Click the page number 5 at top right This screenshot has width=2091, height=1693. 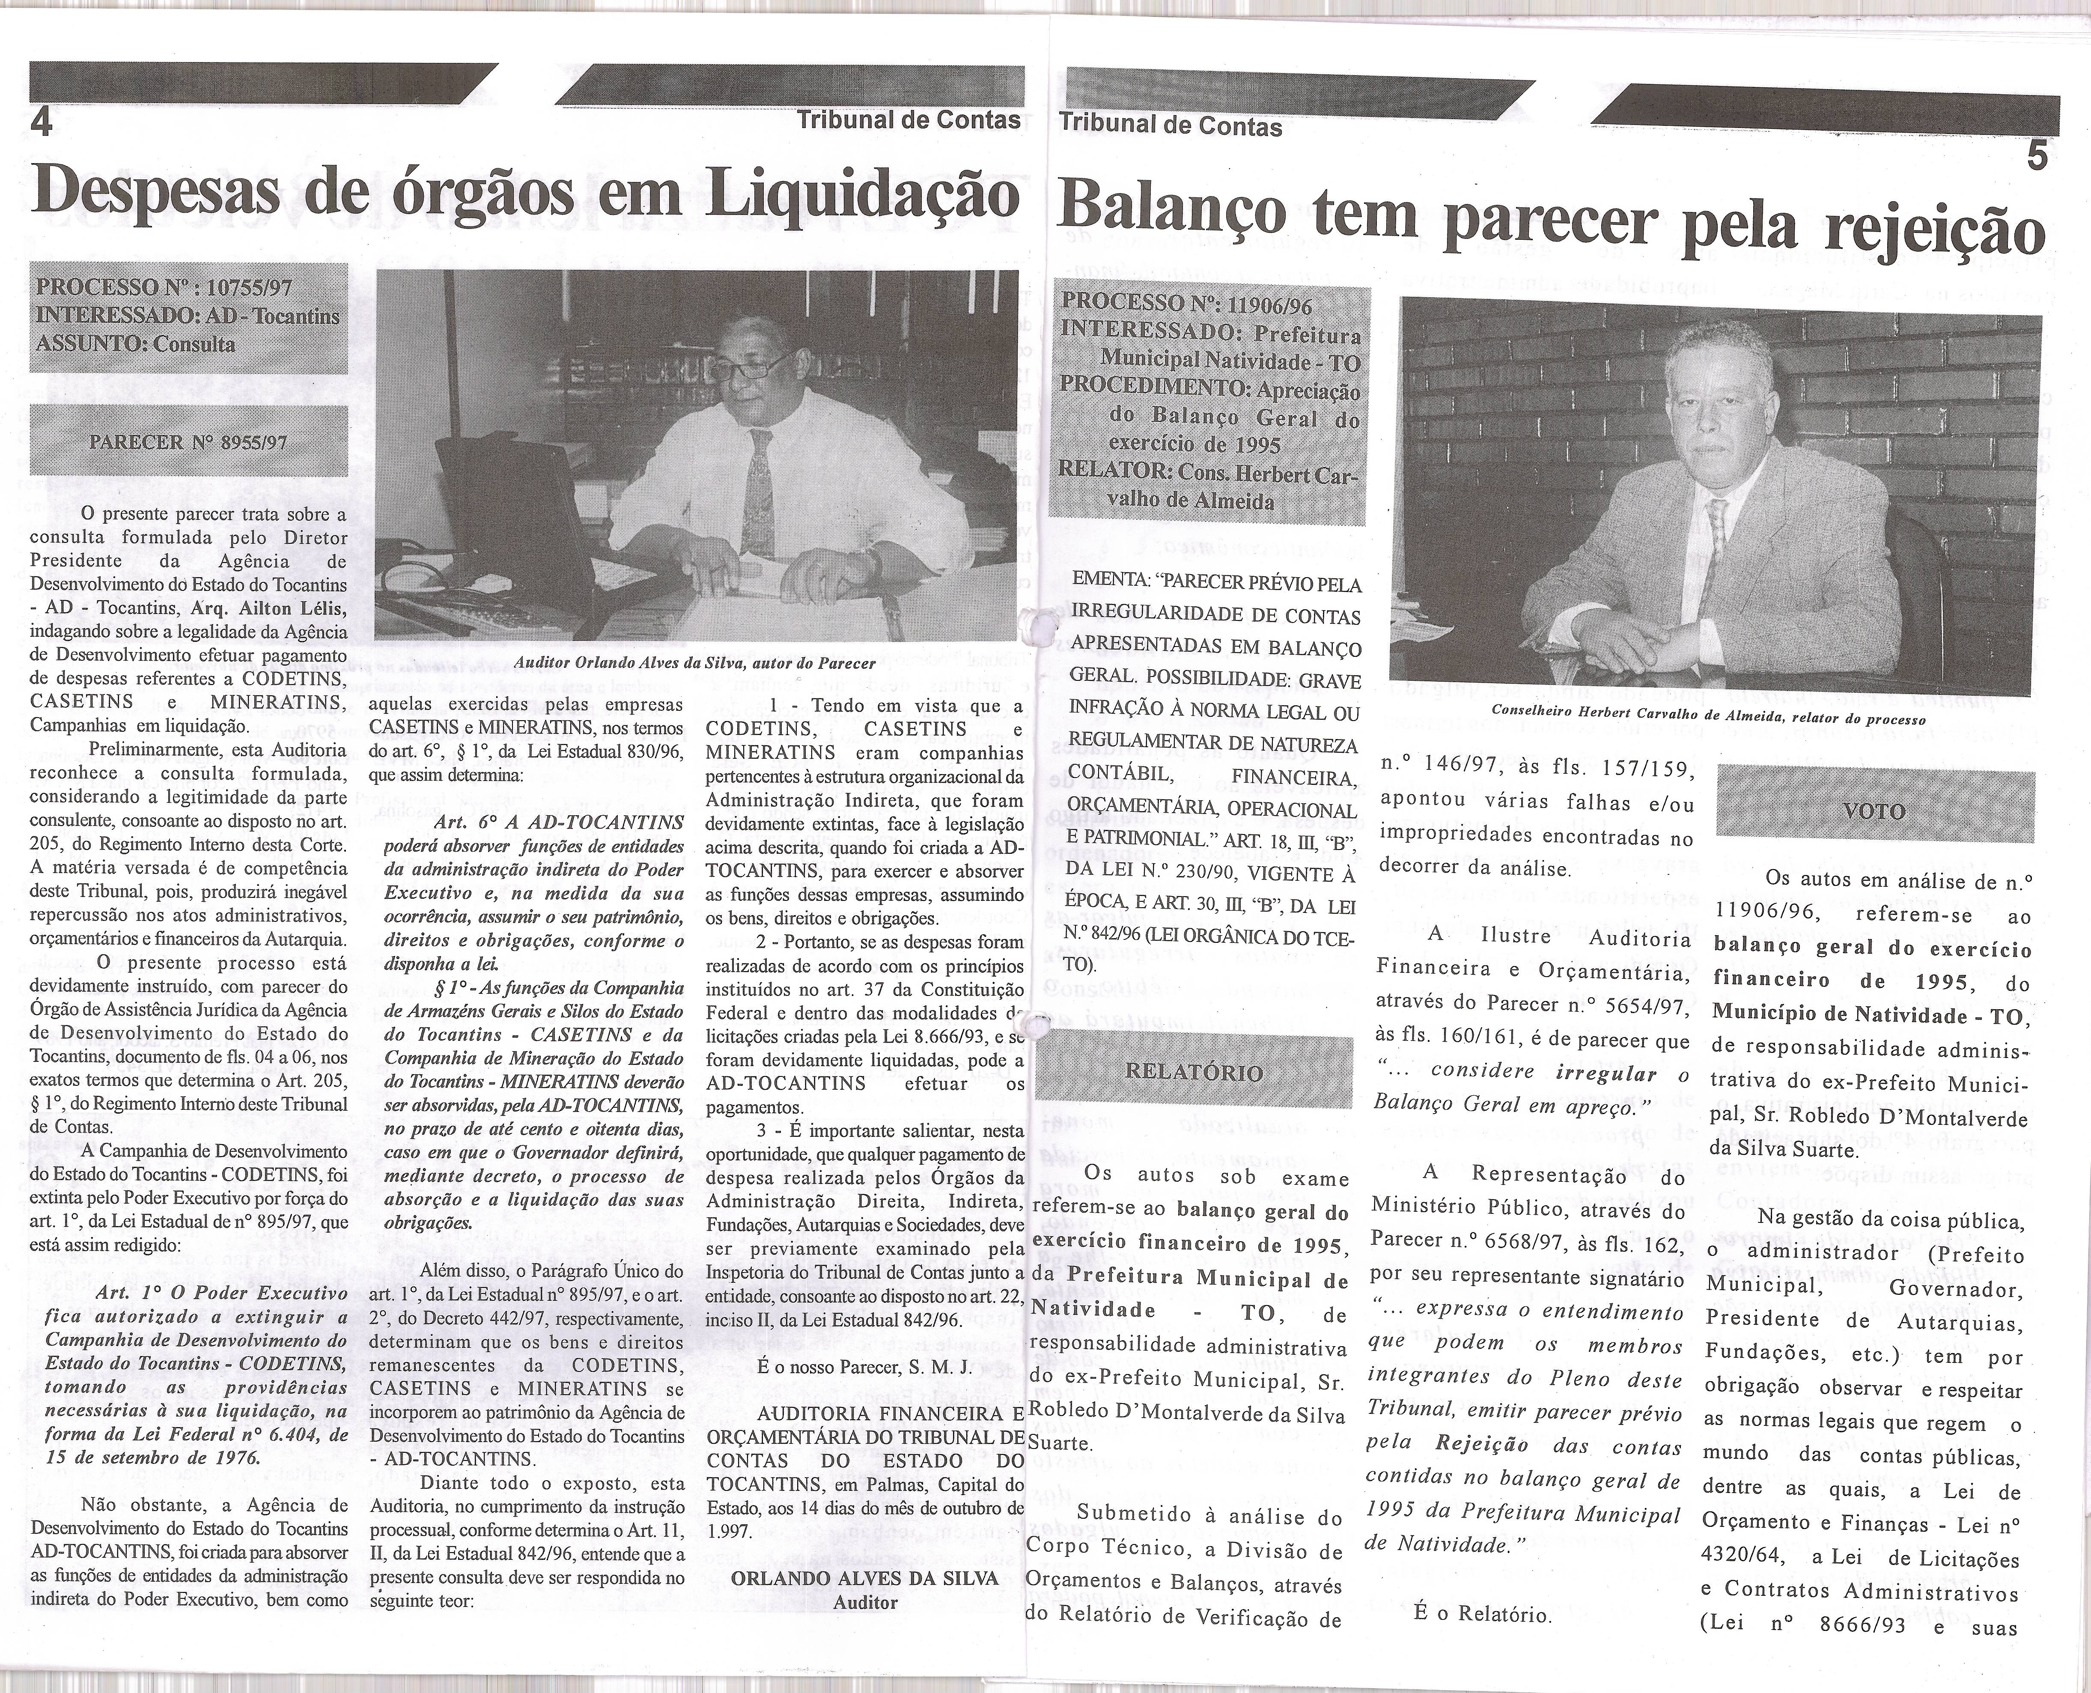pos(2036,156)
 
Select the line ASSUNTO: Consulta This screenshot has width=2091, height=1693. pos(136,343)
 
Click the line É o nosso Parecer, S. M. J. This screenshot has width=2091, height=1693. pos(864,1367)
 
